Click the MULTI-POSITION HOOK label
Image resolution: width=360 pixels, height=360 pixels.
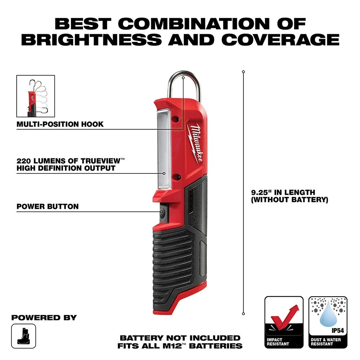point(60,124)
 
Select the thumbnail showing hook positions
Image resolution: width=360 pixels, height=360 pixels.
point(36,96)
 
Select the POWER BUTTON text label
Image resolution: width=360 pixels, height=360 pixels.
point(47,207)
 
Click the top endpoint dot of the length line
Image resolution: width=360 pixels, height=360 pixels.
point(243,72)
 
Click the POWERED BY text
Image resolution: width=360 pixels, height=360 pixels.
point(44,318)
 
